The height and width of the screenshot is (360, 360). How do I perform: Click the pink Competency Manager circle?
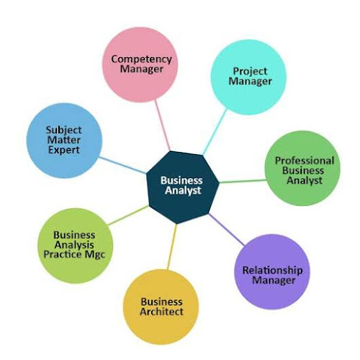click(x=140, y=65)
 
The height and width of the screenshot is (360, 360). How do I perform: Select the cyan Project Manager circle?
click(x=248, y=77)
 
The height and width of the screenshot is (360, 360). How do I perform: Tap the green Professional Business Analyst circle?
click(x=302, y=168)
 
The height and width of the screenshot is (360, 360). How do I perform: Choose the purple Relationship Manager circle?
click(x=272, y=272)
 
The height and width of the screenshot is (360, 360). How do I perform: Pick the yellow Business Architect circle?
click(x=161, y=307)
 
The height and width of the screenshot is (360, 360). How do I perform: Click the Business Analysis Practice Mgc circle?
click(x=76, y=246)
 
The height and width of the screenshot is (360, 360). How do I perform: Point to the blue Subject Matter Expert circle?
click(x=64, y=140)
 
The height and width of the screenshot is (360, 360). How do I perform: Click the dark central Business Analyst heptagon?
click(x=183, y=187)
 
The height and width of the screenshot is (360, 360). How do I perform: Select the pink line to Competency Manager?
click(x=163, y=125)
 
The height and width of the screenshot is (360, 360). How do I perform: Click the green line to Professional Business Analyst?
click(x=243, y=181)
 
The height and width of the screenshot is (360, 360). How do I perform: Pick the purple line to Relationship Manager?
click(x=227, y=230)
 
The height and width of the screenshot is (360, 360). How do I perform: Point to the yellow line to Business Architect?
click(x=172, y=246)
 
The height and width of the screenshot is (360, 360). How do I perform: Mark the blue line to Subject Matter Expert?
click(x=122, y=165)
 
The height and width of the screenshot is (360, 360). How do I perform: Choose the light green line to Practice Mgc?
click(x=128, y=215)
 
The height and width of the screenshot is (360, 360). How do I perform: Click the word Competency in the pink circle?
click(x=142, y=59)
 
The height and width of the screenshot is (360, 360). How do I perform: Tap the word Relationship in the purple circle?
click(x=272, y=270)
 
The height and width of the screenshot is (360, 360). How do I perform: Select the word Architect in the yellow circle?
click(x=161, y=312)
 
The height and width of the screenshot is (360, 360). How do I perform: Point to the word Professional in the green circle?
click(x=305, y=161)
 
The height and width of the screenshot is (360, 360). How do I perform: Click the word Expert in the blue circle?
click(x=64, y=150)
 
